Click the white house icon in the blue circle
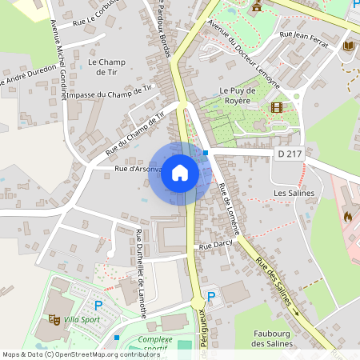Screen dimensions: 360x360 pos(180,173)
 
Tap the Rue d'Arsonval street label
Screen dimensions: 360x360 pos(138,169)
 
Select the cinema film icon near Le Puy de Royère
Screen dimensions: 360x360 pos(277,107)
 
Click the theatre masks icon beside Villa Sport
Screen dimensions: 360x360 pos(54,320)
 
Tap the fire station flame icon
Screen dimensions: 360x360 pos(347,215)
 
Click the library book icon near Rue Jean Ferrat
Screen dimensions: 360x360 pos(349,46)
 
